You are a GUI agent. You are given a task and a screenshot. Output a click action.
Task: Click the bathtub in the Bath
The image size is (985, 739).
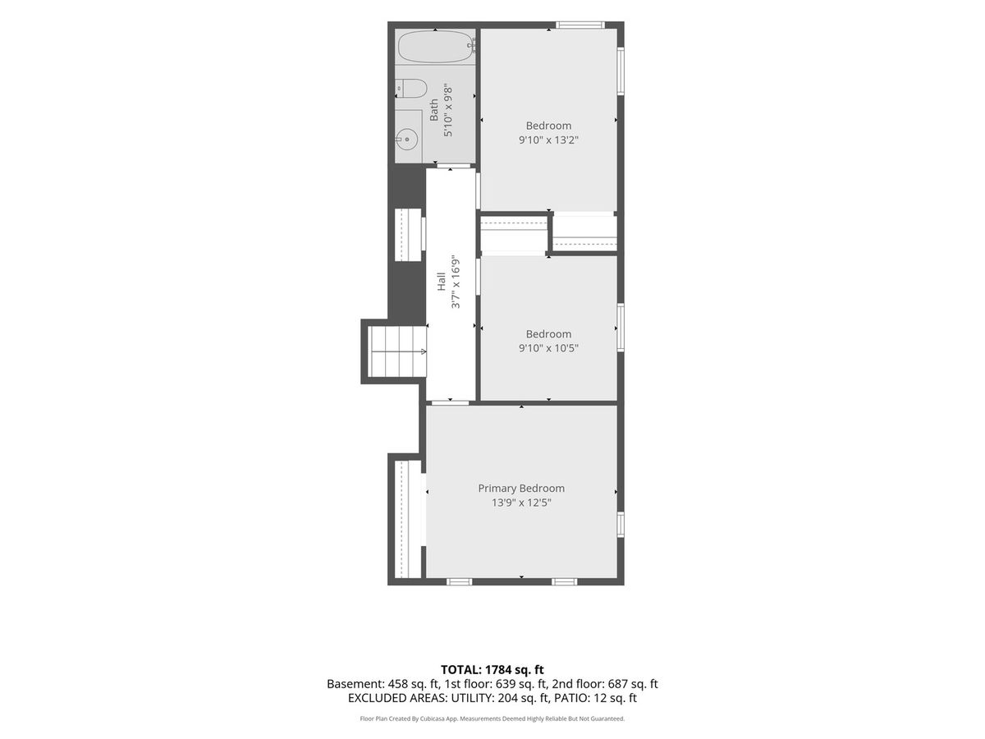pyautogui.click(x=435, y=47)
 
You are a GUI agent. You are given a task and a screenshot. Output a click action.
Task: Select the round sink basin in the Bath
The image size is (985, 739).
pyautogui.click(x=408, y=139)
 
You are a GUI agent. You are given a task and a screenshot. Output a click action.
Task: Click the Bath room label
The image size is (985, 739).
pyautogui.click(x=434, y=110)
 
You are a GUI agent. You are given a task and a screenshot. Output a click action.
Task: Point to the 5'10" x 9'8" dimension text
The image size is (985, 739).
pyautogui.click(x=448, y=110)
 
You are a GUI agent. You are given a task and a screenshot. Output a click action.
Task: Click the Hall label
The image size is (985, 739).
pyautogui.click(x=442, y=282)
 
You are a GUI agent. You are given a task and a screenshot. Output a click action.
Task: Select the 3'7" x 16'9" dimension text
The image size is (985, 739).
pyautogui.click(x=456, y=282)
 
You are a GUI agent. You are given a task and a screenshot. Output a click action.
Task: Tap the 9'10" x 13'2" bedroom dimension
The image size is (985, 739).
pyautogui.click(x=548, y=140)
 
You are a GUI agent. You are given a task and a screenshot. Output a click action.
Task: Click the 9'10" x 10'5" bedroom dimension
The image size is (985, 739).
pyautogui.click(x=548, y=348)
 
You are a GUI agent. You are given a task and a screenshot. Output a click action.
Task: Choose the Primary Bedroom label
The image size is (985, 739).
pyautogui.click(x=521, y=489)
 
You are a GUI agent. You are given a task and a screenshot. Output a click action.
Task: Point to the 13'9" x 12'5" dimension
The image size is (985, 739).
pyautogui.click(x=521, y=503)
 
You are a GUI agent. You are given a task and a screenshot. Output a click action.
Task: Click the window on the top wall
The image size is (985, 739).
pyautogui.click(x=580, y=25)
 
